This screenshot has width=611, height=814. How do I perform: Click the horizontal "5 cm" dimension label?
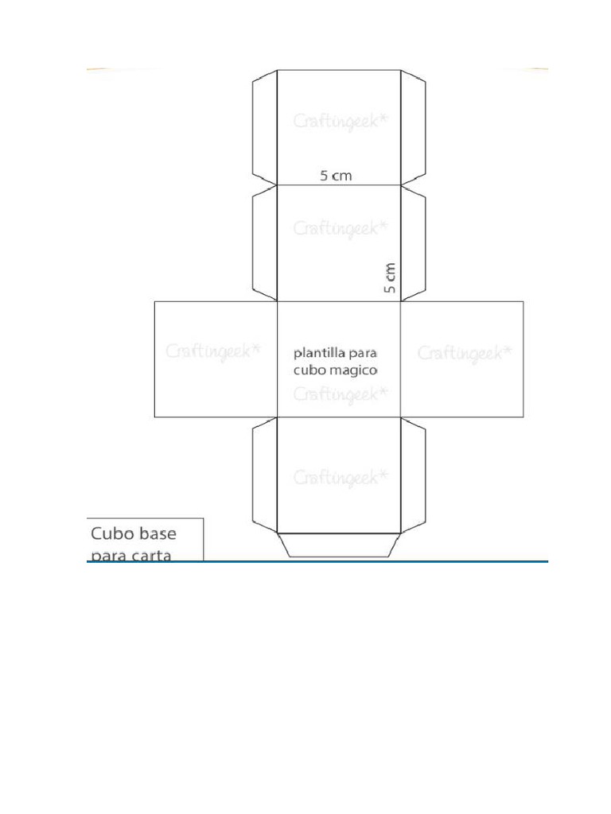click(x=337, y=176)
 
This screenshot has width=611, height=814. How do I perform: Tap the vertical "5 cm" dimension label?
click(x=390, y=277)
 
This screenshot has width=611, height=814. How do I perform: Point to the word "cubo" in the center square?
click(x=309, y=370)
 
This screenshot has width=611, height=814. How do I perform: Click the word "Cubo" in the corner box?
click(x=112, y=533)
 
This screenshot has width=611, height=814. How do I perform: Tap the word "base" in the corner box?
click(x=158, y=533)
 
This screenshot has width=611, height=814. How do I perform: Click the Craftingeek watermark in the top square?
click(x=341, y=122)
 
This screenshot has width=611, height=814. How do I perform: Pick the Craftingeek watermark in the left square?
click(x=213, y=351)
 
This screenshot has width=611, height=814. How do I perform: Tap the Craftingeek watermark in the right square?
click(x=465, y=354)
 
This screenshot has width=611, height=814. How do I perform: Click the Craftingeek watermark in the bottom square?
click(x=341, y=478)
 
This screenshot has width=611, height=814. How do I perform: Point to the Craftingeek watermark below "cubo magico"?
click(x=341, y=394)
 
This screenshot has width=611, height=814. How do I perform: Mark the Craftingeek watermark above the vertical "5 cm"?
click(x=341, y=228)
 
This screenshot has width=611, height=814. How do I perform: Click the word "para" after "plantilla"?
click(x=363, y=354)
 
